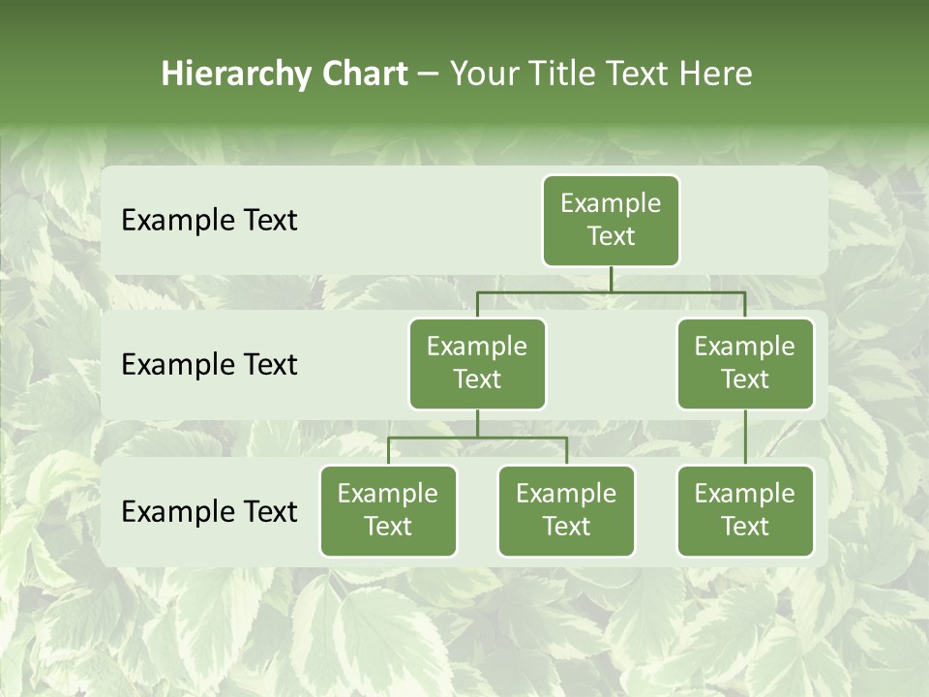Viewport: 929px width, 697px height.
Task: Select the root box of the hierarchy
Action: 611,221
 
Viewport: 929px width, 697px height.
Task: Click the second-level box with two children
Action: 477,364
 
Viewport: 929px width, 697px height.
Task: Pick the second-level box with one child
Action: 745,364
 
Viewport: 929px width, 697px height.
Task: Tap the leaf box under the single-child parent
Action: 745,511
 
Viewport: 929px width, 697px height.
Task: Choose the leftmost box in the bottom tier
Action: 388,511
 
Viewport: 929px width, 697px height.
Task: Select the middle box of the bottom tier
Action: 566,511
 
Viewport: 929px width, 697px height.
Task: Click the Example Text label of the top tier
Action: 209,221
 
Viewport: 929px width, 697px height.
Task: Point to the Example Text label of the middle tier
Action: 209,365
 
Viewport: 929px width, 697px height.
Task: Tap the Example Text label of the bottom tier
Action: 209,512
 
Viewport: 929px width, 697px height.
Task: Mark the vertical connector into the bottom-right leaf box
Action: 745,438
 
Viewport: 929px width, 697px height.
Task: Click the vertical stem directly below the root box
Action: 611,279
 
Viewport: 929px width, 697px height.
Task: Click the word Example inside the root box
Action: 611,203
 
